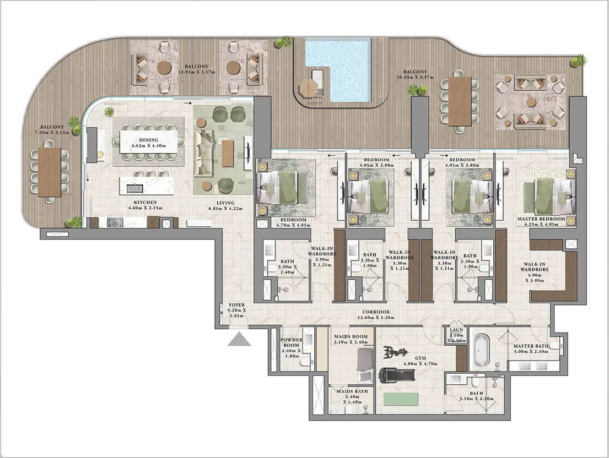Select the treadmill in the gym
pos(397,375)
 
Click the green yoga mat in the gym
pos(401,399)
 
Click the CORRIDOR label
pos(376,312)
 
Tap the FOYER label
pos(236,305)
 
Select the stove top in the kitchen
pos(115,222)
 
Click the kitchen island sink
pos(135,189)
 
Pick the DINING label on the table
pos(149,140)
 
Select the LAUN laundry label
pos(456,330)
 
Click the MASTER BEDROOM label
pos(541,219)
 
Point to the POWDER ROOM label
pos(292,342)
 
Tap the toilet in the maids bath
pos(333,410)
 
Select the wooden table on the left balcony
pos(49,171)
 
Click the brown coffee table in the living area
pos(228,154)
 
